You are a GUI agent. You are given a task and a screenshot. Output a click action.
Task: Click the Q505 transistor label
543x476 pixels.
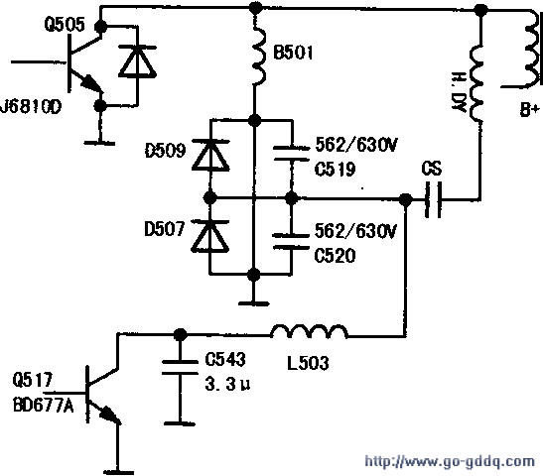point(65,25)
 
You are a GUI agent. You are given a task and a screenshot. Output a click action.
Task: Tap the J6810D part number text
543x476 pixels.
point(31,106)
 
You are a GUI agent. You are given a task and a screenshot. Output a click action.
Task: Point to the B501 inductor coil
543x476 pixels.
point(259,53)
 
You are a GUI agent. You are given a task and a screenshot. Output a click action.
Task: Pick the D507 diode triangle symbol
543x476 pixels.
point(210,236)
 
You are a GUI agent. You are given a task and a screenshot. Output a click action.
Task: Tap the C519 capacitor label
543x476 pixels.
point(335,170)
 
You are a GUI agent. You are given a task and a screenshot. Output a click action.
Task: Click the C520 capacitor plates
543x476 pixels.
point(291,241)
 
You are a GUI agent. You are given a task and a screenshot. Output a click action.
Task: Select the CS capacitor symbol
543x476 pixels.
point(433,199)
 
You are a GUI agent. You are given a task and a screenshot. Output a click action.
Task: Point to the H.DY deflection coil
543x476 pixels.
point(475,82)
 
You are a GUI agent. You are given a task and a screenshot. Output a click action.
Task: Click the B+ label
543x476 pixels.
point(530,110)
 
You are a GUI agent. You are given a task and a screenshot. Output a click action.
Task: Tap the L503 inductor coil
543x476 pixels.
point(310,331)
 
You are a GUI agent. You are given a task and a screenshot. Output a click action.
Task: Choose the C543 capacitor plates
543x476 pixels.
point(180,367)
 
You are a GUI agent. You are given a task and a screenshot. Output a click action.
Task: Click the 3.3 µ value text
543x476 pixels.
point(227,384)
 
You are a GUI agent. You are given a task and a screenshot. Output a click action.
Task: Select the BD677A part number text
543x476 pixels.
point(44,406)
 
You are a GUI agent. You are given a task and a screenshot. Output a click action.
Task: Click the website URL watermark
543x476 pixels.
point(450,461)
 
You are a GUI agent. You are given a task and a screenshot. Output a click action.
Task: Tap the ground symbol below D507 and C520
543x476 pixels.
point(254,303)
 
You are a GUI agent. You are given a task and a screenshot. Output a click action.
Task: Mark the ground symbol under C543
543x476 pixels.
point(180,423)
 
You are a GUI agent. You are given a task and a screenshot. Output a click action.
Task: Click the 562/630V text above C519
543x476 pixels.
point(356,145)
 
